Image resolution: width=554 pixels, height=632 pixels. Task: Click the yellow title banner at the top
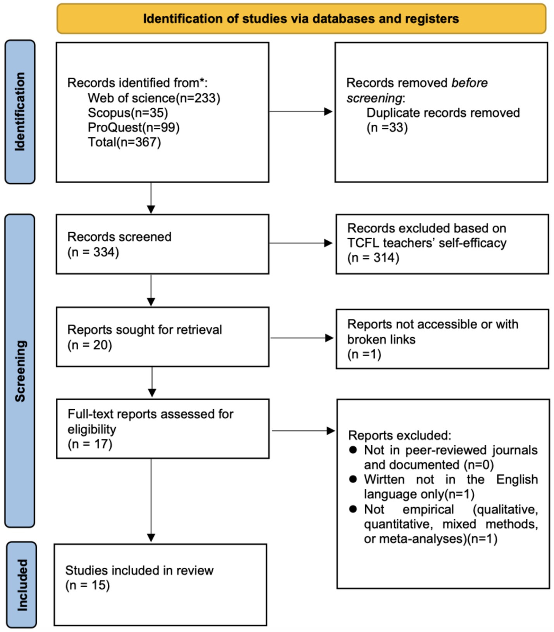point(301,19)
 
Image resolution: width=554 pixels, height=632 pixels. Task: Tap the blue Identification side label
point(20,112)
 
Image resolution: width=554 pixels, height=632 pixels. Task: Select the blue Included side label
point(22,585)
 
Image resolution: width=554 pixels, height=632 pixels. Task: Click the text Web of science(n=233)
point(154,98)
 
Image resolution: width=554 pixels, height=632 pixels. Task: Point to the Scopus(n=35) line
point(128,113)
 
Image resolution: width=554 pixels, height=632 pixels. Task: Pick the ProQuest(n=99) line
point(134,127)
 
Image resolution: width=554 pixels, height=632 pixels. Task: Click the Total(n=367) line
point(124,142)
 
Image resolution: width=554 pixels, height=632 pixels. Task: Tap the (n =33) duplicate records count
point(387,127)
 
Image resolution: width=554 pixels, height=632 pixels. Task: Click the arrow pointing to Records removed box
point(301,112)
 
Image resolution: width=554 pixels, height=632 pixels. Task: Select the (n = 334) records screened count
point(93,252)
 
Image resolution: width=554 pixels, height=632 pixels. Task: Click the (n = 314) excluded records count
point(373,258)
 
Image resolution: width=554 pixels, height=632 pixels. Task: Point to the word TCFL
point(363,243)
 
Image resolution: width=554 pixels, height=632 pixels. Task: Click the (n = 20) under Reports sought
point(89,345)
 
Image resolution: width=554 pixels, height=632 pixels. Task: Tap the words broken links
point(381,339)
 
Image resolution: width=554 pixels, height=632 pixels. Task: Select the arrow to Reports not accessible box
point(301,338)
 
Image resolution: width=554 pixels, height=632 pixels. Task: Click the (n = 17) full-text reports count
point(90,444)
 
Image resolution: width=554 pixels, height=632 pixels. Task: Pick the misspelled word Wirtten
point(384,479)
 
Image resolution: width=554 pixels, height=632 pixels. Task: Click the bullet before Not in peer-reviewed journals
point(353,450)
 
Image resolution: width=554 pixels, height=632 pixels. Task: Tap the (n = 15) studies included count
point(88,585)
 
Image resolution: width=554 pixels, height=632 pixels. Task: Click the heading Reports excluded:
point(399,435)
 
